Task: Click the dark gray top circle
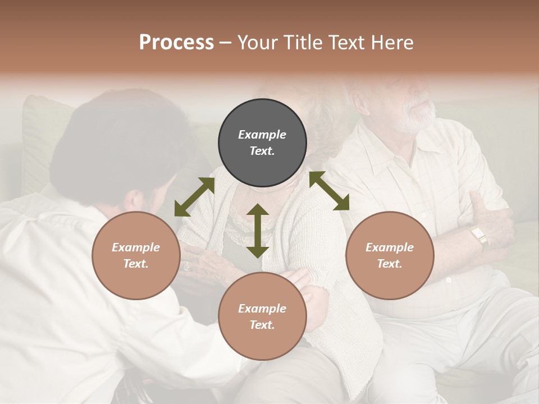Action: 262,143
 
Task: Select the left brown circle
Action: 136,255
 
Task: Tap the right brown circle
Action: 390,255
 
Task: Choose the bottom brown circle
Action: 262,316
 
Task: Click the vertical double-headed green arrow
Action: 258,231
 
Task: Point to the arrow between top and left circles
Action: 194,197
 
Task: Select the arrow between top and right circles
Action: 329,191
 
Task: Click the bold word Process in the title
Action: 176,43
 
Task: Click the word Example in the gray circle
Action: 262,135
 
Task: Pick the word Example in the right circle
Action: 390,247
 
